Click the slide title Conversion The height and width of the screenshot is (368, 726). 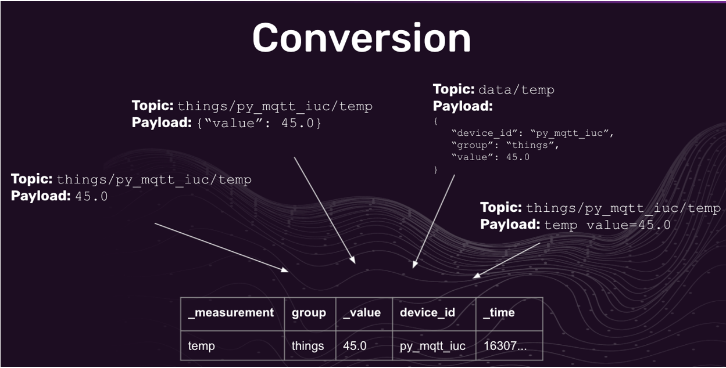pyautogui.click(x=362, y=38)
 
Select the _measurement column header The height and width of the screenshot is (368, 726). pyautogui.click(x=231, y=313)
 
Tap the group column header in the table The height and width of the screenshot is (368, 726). pyautogui.click(x=309, y=313)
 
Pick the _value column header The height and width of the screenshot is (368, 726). pyautogui.click(x=362, y=313)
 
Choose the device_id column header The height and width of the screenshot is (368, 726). pyautogui.click(x=427, y=313)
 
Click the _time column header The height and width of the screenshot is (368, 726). pyautogui.click(x=499, y=313)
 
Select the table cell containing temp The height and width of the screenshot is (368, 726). pyautogui.click(x=201, y=346)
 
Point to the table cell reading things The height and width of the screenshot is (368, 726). pyautogui.click(x=307, y=346)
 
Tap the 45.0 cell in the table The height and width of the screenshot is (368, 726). pyautogui.click(x=355, y=346)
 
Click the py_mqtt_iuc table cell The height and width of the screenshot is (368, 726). pyautogui.click(x=432, y=346)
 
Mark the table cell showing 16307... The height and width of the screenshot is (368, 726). pyautogui.click(x=505, y=346)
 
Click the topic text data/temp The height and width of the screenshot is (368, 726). pyautogui.click(x=516, y=90)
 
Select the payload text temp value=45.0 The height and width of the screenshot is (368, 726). pyautogui.click(x=607, y=225)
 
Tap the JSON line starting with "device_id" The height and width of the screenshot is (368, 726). pyautogui.click(x=532, y=133)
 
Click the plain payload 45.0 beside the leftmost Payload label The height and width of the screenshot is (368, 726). pyautogui.click(x=91, y=196)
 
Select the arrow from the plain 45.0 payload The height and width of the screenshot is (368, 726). pyautogui.click(x=221, y=247)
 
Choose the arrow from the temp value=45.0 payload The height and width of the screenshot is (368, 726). pyautogui.click(x=506, y=260)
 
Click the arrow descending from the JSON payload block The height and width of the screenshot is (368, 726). pyautogui.click(x=434, y=221)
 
